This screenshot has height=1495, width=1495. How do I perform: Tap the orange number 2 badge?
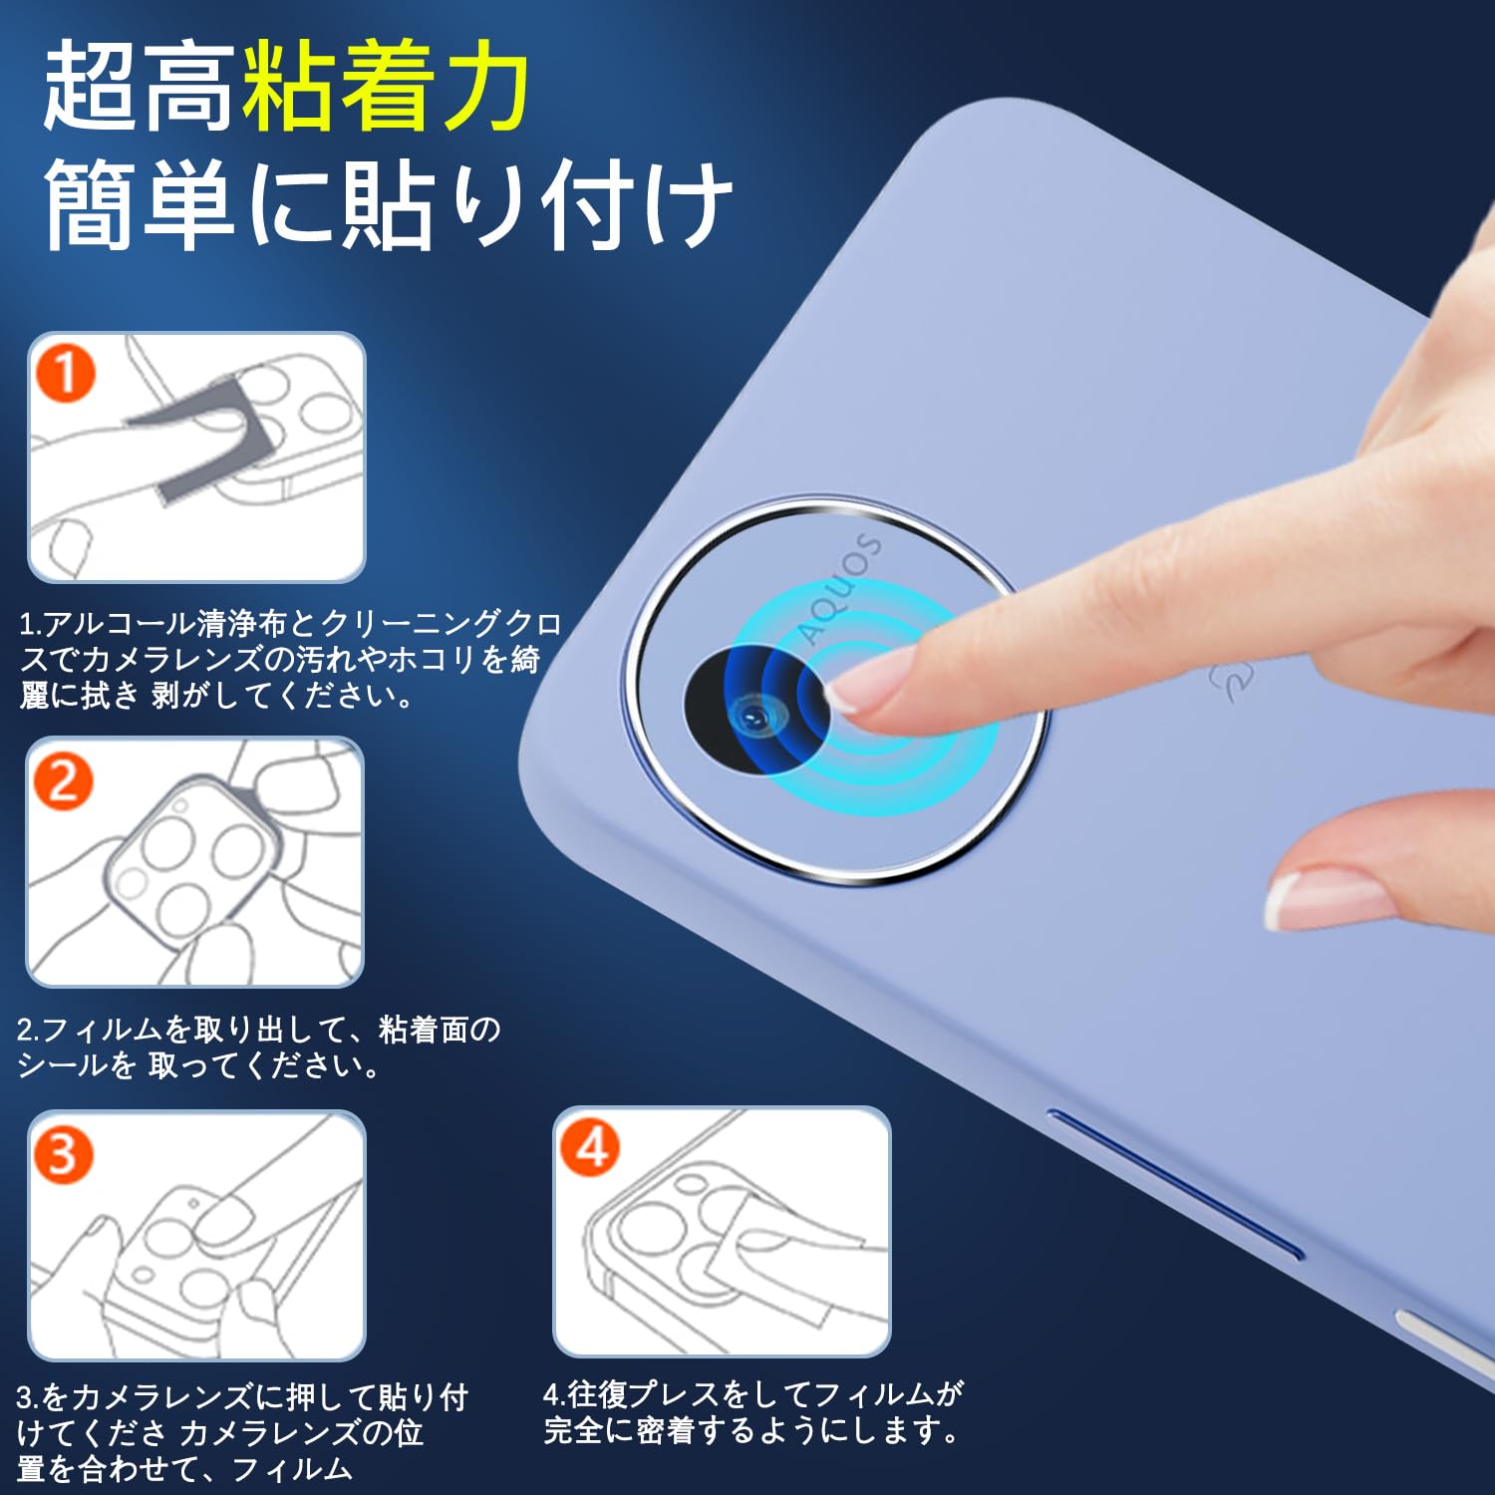click(63, 780)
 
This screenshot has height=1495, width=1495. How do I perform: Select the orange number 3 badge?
click(63, 1154)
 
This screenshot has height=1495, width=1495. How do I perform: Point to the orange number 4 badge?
click(590, 1147)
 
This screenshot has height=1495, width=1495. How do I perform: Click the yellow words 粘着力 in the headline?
click(386, 88)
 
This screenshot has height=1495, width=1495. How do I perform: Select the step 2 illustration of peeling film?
click(195, 863)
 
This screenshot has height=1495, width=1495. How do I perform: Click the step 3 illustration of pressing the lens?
click(197, 1236)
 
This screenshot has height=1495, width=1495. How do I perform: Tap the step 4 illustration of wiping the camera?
click(722, 1232)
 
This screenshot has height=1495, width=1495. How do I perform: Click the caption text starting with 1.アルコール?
click(289, 659)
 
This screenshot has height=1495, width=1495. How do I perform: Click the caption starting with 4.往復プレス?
click(753, 1411)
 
